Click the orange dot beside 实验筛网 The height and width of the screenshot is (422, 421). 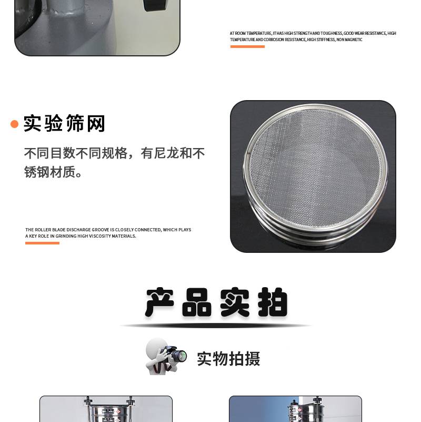tap(14, 124)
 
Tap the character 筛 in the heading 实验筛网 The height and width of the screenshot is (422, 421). tap(75, 123)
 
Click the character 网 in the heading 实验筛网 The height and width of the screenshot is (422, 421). tap(96, 123)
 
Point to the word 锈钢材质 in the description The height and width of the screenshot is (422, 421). tap(50, 172)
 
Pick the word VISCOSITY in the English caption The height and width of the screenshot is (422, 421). tap(100, 236)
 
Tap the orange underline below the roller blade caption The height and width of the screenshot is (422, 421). tap(42, 243)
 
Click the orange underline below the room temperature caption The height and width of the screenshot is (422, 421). tap(247, 46)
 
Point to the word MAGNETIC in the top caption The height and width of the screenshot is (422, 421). tap(354, 40)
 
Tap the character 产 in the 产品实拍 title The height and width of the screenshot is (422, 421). tap(159, 302)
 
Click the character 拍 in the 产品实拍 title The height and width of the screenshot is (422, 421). tap(273, 302)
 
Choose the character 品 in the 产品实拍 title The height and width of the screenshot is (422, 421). tap(196, 302)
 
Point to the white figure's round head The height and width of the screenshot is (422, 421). tap(156, 347)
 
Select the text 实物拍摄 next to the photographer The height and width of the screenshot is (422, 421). tap(228, 359)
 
